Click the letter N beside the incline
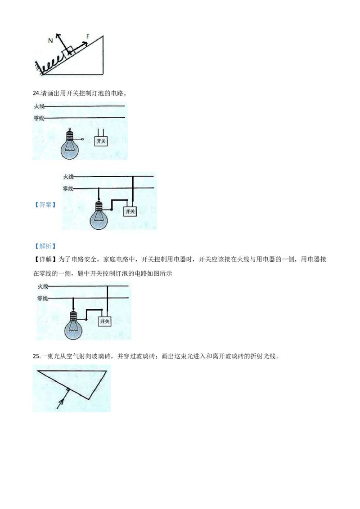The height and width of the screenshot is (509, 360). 50,40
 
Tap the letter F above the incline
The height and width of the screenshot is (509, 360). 88,36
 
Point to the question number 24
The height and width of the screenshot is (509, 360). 36,93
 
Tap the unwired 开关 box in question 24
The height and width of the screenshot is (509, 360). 101,141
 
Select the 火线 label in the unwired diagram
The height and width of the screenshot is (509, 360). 39,106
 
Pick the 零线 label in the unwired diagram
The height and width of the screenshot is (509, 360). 39,118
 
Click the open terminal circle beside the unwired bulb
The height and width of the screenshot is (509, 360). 82,139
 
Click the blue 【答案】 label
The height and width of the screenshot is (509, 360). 45,205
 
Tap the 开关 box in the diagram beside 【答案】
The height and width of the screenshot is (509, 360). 130,211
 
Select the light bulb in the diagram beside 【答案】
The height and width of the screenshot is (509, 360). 99,215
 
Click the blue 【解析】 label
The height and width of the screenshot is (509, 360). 45,246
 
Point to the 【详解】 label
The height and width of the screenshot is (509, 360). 45,259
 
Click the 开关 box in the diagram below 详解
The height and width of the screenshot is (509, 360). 104,321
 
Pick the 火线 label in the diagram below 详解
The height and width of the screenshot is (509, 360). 43,286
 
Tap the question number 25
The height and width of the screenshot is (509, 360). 36,356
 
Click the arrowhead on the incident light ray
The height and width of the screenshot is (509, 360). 61,402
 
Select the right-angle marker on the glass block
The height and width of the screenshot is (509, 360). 67,389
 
